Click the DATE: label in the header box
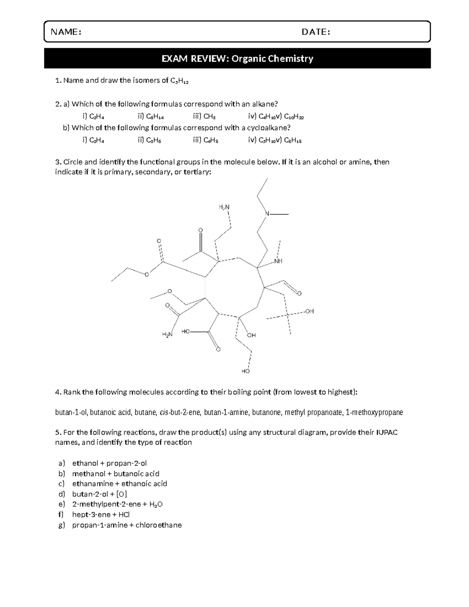click(316, 32)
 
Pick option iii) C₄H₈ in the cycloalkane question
click(205, 140)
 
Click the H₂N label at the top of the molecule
click(224, 207)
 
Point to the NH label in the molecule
click(278, 261)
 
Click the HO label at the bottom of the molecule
click(245, 371)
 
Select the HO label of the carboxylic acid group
click(185, 331)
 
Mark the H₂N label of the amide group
click(167, 335)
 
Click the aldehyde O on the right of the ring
click(299, 293)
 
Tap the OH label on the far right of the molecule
click(310, 311)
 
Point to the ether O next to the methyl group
click(169, 291)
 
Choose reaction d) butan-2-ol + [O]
click(99, 494)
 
